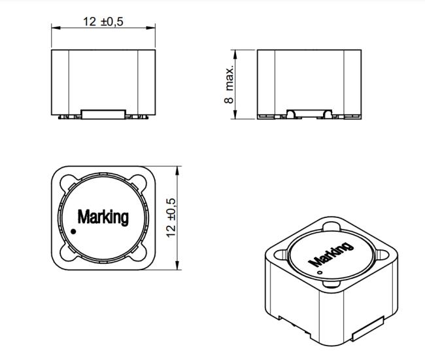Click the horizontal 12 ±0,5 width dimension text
(x=103, y=22)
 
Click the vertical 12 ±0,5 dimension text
(x=171, y=218)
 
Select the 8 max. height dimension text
(x=229, y=84)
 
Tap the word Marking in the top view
(x=103, y=217)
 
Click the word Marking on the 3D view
(x=331, y=254)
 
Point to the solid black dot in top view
(x=73, y=232)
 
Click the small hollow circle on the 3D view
(x=320, y=272)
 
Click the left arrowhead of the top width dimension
(x=56, y=27)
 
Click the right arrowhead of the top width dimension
(x=150, y=27)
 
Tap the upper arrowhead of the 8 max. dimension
(x=235, y=54)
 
